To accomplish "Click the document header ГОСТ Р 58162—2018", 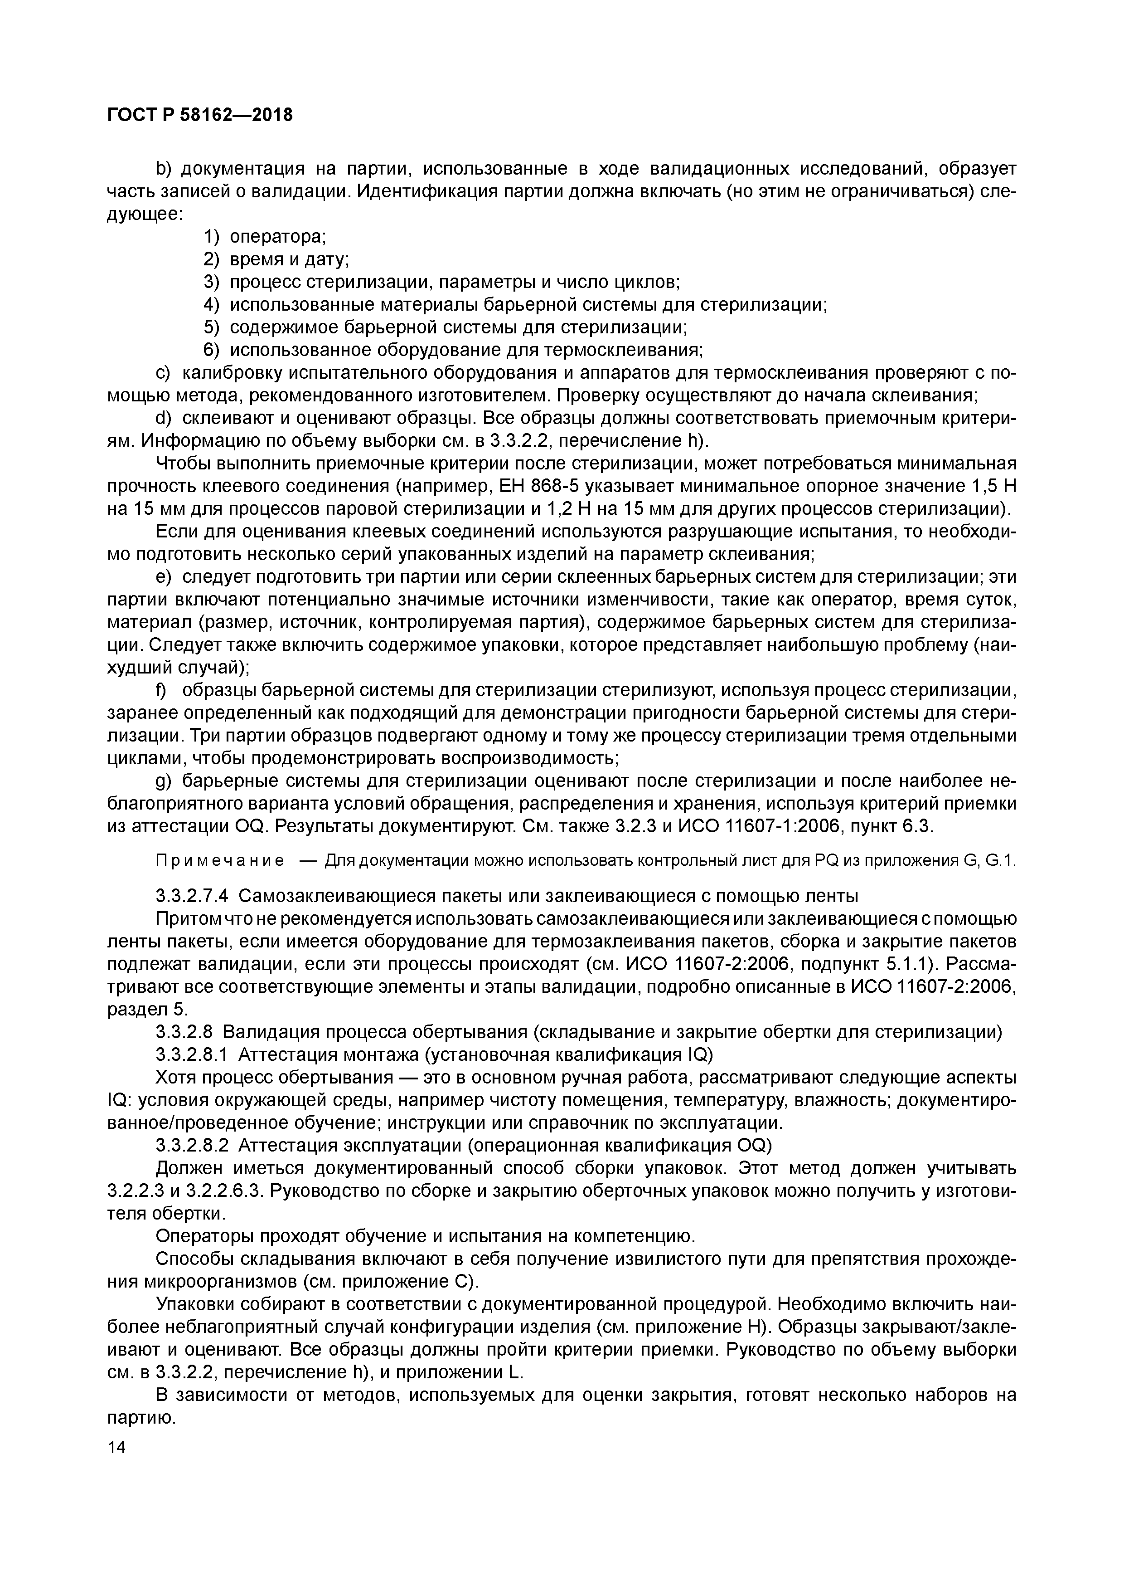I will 200,115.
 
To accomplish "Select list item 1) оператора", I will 265,237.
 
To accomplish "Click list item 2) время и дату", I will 276,260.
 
